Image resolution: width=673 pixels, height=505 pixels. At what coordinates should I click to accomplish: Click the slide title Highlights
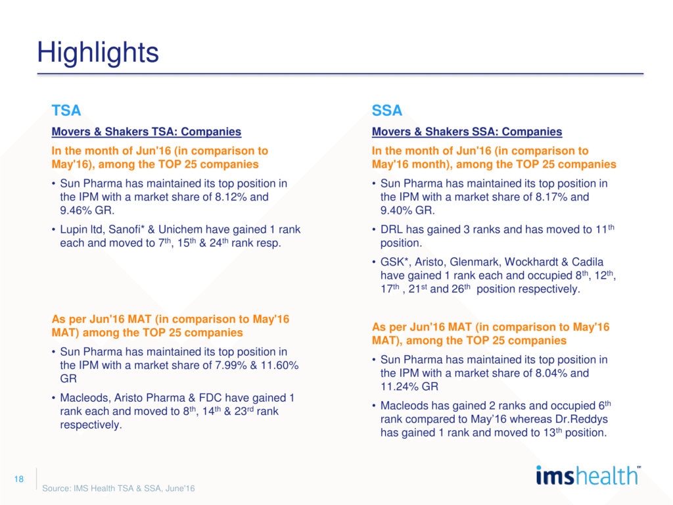pos(98,52)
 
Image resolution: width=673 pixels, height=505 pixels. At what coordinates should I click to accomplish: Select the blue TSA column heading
pos(66,110)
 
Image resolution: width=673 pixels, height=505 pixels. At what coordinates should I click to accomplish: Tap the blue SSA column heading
pos(387,110)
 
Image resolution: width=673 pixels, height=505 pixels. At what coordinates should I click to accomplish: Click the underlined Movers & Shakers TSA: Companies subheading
pos(146,132)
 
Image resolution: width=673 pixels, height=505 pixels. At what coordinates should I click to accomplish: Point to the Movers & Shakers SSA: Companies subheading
pos(467,132)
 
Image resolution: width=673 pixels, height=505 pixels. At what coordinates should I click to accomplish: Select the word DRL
pos(393,229)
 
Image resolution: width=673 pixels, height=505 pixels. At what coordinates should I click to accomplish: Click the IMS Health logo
pos(587,475)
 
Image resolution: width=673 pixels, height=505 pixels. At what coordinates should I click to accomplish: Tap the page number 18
pos(18,479)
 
